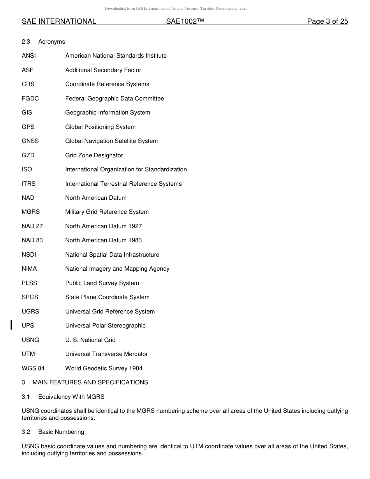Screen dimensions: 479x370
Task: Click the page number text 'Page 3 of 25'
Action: pyautogui.click(x=327, y=21)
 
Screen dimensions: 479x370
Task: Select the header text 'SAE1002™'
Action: pyautogui.click(x=185, y=21)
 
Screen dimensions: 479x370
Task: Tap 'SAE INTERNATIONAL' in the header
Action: pyautogui.click(x=59, y=21)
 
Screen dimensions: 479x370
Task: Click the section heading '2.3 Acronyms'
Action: pyautogui.click(x=43, y=42)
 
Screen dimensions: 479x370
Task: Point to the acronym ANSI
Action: pyautogui.click(x=29, y=56)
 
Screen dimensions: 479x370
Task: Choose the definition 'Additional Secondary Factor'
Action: pyautogui.click(x=103, y=70)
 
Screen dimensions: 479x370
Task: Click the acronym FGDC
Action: pyautogui.click(x=30, y=99)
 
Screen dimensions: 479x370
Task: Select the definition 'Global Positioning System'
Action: pyautogui.click(x=100, y=127)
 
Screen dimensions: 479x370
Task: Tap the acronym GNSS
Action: pyautogui.click(x=30, y=141)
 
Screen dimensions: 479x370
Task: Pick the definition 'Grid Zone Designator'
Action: pyautogui.click(x=94, y=155)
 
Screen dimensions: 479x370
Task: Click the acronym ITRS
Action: pyautogui.click(x=29, y=184)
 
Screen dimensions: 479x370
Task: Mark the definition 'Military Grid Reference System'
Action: pyautogui.click(x=107, y=212)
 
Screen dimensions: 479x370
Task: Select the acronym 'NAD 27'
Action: pyautogui.click(x=32, y=226)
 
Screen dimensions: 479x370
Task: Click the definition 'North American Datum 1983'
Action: pyautogui.click(x=104, y=240)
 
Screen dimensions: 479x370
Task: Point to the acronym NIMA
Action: pyautogui.click(x=29, y=269)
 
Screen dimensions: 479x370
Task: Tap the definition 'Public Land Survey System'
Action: pyautogui.click(x=102, y=283)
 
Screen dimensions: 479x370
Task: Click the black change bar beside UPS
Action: pyautogui.click(x=11, y=325)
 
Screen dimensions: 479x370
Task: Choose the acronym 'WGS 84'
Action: pyautogui.click(x=33, y=368)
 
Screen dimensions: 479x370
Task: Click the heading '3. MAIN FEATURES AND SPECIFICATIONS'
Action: pyautogui.click(x=85, y=382)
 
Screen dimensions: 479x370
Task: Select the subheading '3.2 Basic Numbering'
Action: pyautogui.click(x=53, y=432)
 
